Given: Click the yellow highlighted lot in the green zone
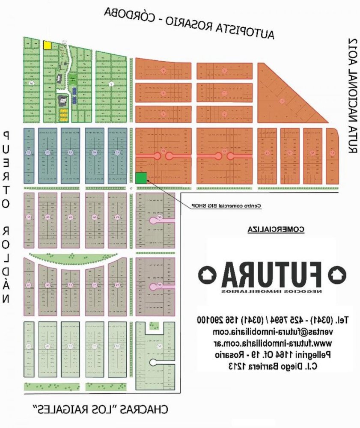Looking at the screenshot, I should pos(47,45).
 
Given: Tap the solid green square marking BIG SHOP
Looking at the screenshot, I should pos(141,178).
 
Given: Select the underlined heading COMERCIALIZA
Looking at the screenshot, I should pos(276,229).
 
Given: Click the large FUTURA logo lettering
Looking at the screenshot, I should pos(272,274).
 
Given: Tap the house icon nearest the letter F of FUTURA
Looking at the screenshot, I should pos(336,273).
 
